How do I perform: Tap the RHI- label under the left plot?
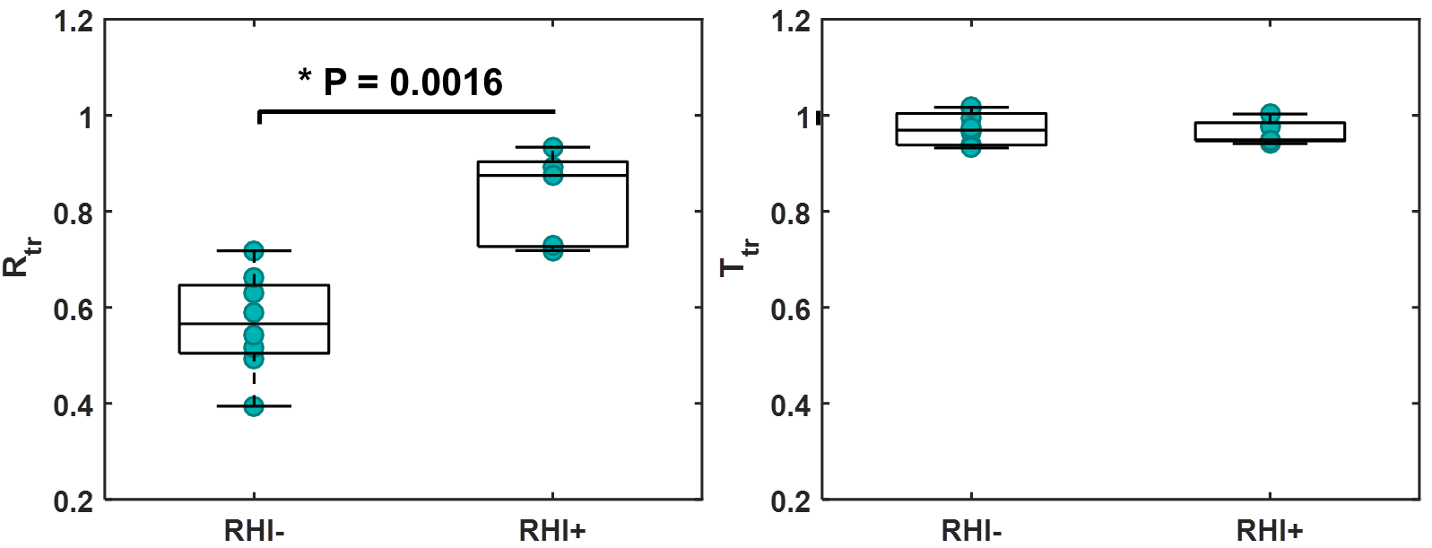point(254,531)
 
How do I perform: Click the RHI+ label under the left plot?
point(552,531)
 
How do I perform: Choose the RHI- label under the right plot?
point(971,531)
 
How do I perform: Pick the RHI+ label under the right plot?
point(1270,531)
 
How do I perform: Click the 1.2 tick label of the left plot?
point(74,22)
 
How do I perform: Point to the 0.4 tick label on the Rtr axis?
point(74,405)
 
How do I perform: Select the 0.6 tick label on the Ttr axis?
point(792,309)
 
